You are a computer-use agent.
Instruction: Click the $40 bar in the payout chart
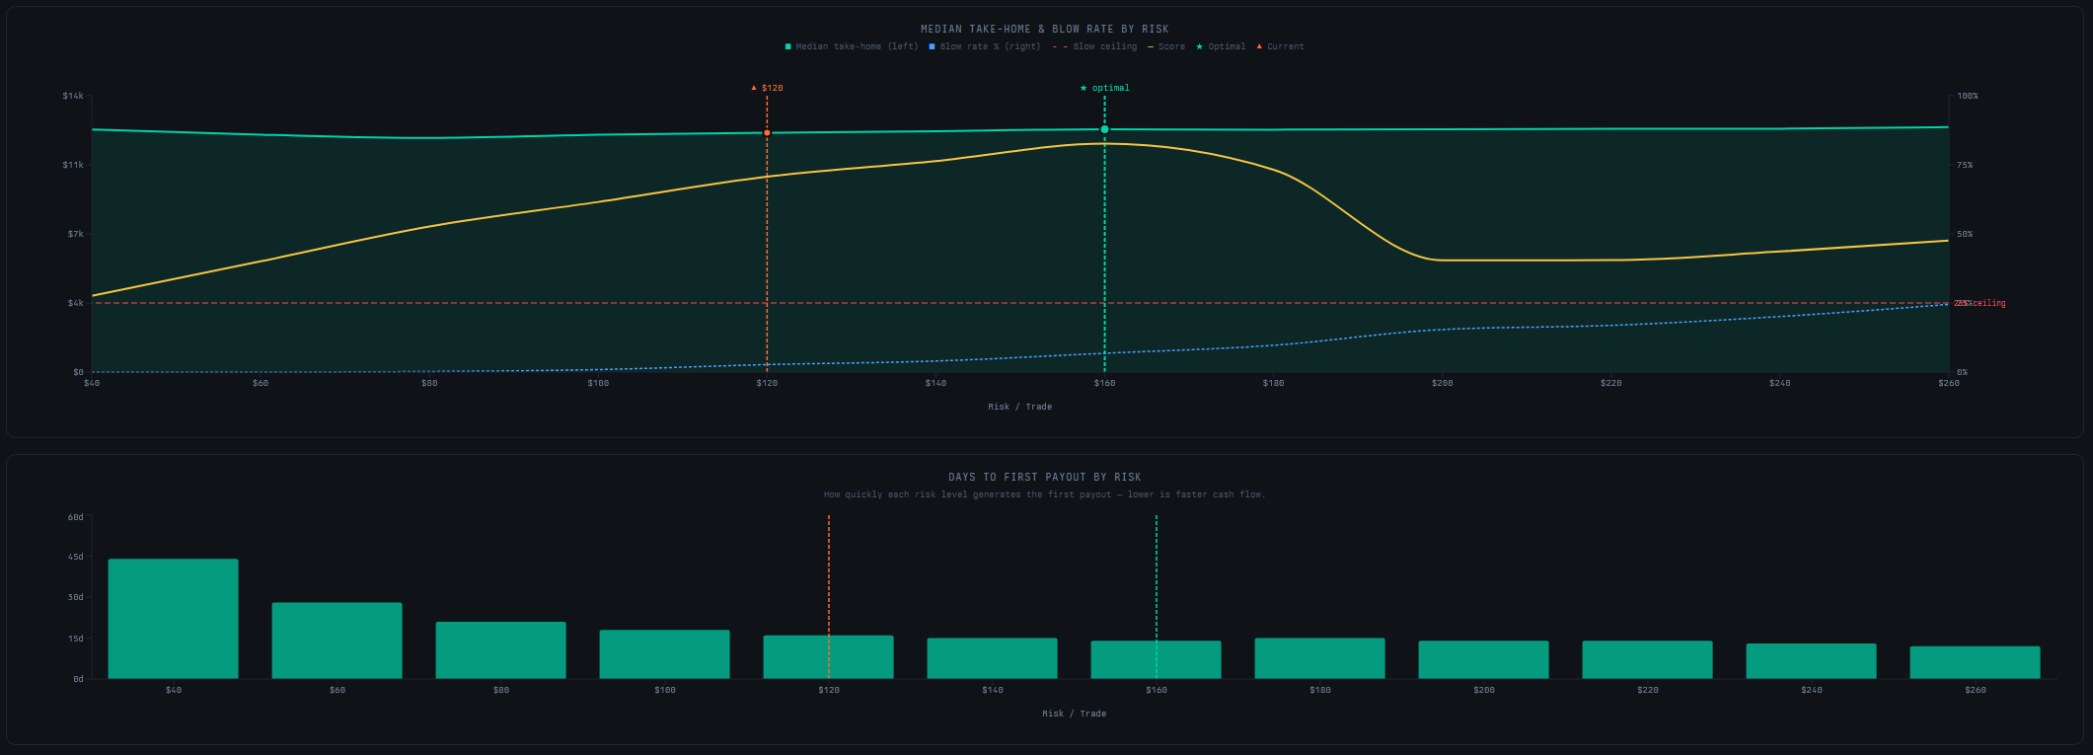[x=173, y=619]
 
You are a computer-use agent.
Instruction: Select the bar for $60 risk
[x=336, y=641]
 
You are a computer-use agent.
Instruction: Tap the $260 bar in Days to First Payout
[x=1975, y=662]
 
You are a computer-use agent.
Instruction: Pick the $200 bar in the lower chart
[x=1483, y=659]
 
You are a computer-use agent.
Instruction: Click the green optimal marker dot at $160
[x=1104, y=129]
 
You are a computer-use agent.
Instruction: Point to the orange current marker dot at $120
[x=767, y=132]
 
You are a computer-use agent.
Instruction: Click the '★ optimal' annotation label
[x=1105, y=88]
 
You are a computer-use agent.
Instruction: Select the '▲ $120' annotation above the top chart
[x=768, y=88]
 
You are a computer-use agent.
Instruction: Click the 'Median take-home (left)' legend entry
[x=852, y=46]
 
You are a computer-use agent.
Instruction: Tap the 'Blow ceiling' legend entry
[x=1095, y=46]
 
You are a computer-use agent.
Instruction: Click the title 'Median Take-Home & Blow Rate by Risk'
[x=1044, y=29]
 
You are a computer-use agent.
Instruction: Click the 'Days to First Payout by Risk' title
[x=1044, y=477]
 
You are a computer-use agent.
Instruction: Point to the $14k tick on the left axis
[x=73, y=96]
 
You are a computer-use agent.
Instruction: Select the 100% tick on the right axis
[x=1968, y=96]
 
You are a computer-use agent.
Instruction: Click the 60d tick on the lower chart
[x=76, y=516]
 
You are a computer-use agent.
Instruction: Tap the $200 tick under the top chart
[x=1442, y=383]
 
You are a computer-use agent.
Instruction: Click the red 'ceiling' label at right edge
[x=1987, y=303]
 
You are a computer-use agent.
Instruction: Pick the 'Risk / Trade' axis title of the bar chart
[x=1074, y=714]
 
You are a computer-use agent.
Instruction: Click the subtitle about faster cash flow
[x=1044, y=494]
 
